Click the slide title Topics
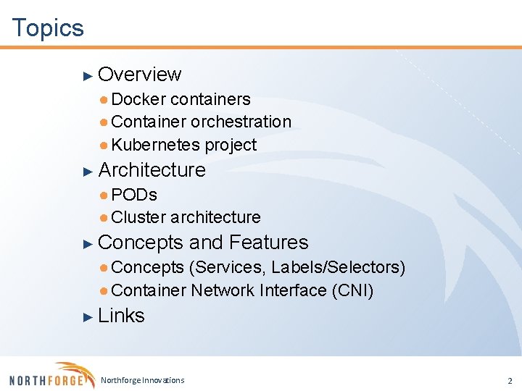coord(48,28)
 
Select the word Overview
coord(139,74)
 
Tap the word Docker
coord(139,99)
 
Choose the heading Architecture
coord(152,170)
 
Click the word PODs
coord(134,195)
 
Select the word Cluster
coord(138,217)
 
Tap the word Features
coord(268,242)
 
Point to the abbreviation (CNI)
coord(352,290)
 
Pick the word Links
coord(121,316)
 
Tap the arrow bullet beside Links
coord(88,316)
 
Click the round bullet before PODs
coord(105,195)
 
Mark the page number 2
coord(509,380)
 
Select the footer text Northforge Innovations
coord(142,380)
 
